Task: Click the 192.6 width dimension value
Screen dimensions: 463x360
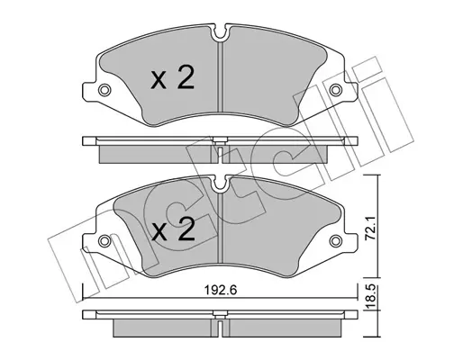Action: click(221, 291)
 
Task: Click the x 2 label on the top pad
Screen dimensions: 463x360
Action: click(172, 77)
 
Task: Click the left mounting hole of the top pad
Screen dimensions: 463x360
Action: click(104, 89)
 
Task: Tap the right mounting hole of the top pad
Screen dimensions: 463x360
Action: click(335, 89)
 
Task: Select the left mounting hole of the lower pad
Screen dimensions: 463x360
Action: click(104, 240)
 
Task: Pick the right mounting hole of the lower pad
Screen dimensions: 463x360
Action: click(335, 240)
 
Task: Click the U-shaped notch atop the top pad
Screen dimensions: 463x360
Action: click(221, 33)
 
